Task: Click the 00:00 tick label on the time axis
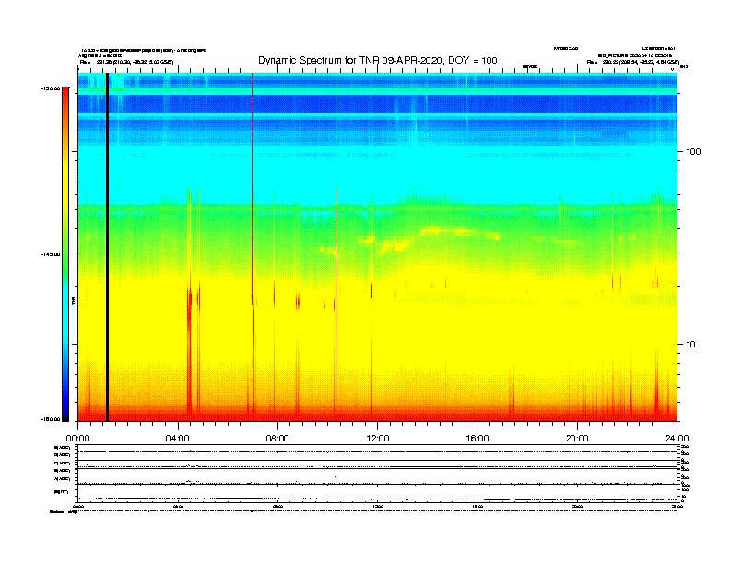pyautogui.click(x=77, y=438)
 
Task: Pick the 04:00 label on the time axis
pyautogui.click(x=177, y=438)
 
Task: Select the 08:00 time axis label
pyautogui.click(x=277, y=438)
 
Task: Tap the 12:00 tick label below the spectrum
pyautogui.click(x=377, y=438)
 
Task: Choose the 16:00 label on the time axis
pyautogui.click(x=477, y=438)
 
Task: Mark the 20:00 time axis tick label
pyautogui.click(x=577, y=438)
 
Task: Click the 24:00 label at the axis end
pyautogui.click(x=677, y=438)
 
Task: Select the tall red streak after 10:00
pyautogui.click(x=336, y=295)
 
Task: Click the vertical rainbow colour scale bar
pyautogui.click(x=65, y=254)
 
